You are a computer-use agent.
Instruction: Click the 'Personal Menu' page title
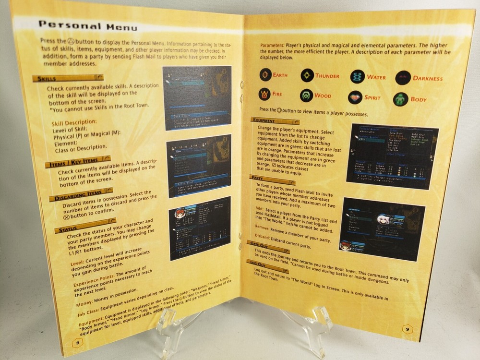pos(88,26)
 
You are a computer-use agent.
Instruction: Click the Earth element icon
pos(265,75)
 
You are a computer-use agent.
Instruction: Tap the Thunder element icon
pos(307,75)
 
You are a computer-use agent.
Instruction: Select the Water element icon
pos(357,77)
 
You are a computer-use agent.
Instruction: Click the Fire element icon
pos(264,94)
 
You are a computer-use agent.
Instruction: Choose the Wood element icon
pos(307,96)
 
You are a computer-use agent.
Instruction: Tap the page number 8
pos(78,342)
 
